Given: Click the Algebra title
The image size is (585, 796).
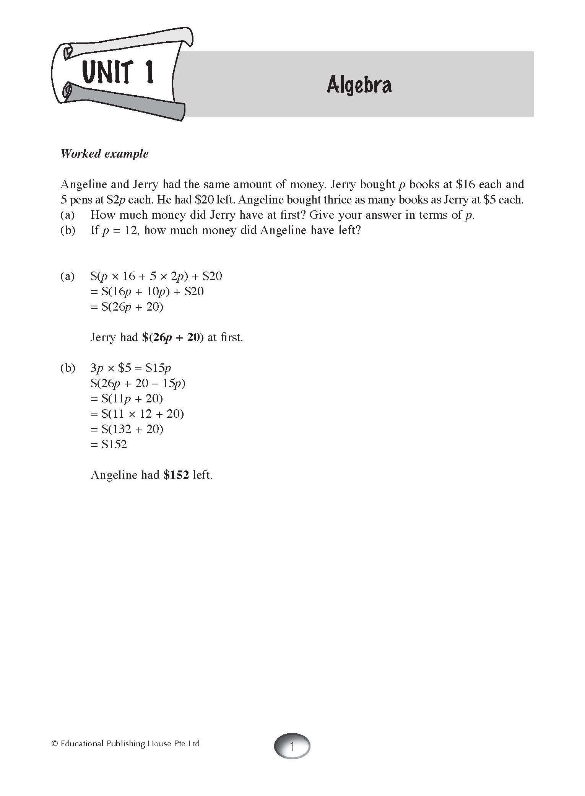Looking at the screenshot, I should (x=359, y=85).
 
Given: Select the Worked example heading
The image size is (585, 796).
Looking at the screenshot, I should (x=104, y=154).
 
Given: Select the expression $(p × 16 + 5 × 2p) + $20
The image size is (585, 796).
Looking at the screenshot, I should (x=156, y=276).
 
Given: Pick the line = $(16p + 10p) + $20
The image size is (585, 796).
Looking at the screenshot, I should (x=147, y=291).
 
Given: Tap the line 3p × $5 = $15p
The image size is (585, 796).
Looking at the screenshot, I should (x=130, y=368).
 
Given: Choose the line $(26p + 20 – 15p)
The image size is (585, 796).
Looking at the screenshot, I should (x=138, y=383).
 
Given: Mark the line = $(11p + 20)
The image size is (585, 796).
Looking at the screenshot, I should (x=127, y=399).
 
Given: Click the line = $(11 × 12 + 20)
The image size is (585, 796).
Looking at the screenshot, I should (x=137, y=414).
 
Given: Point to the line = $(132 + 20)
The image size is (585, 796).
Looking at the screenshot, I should (x=127, y=429).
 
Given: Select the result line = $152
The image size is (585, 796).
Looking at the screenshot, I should (x=109, y=444).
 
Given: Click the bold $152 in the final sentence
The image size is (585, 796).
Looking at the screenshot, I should (x=176, y=475).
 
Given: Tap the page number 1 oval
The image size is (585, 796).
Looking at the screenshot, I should (x=292, y=746).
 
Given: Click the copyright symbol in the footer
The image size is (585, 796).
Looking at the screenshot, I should (x=54, y=744).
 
